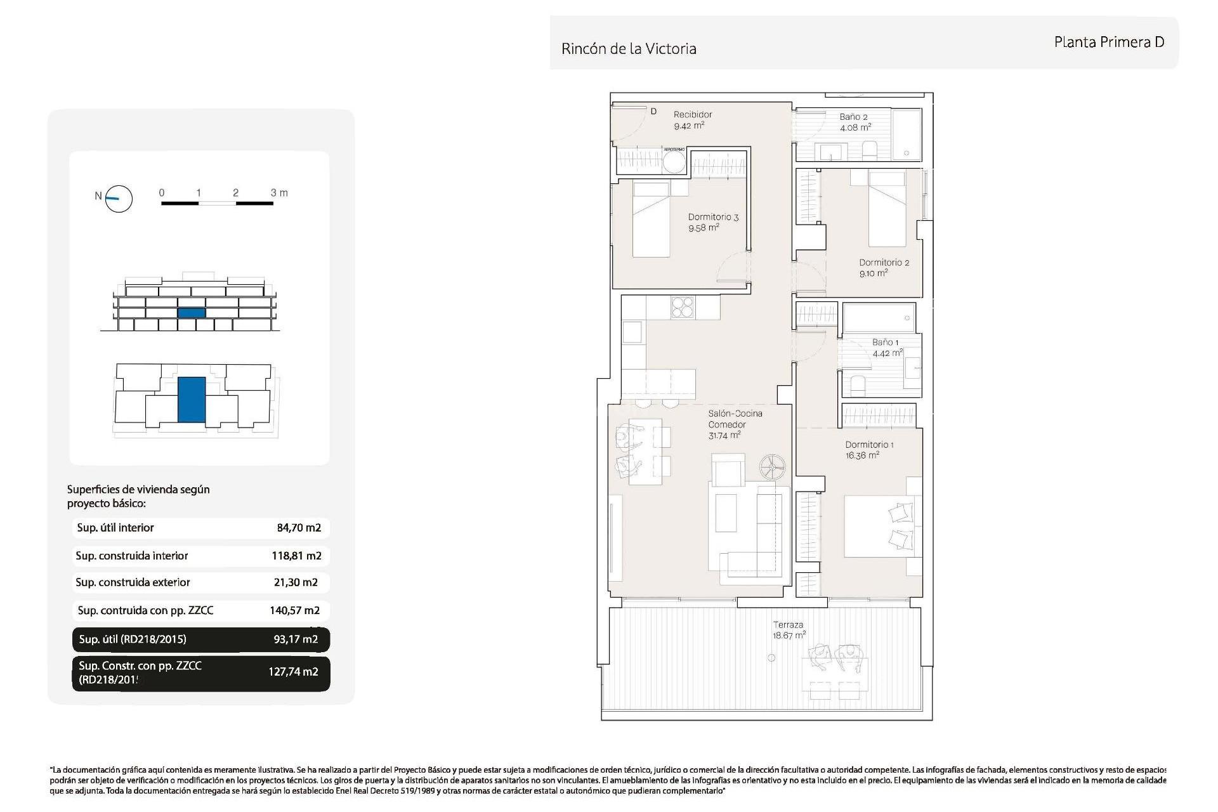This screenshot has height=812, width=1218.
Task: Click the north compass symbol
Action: click(x=119, y=199)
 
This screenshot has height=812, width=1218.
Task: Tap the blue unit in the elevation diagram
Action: click(x=191, y=313)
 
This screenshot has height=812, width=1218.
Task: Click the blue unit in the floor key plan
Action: click(x=191, y=400)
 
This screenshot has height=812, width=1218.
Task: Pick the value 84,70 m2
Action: click(x=299, y=528)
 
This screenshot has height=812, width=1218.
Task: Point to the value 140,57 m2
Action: click(x=294, y=611)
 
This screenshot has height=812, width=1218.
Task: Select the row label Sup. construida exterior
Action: click(x=133, y=582)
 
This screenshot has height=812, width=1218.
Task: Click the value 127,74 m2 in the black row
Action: click(x=293, y=672)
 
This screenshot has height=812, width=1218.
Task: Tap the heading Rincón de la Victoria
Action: click(x=629, y=49)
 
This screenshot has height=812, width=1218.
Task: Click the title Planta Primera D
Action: click(x=1109, y=43)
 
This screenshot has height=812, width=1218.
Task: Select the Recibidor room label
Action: click(x=692, y=115)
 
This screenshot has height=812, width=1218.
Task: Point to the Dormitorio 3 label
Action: click(x=713, y=217)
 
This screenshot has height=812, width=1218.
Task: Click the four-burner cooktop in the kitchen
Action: click(x=683, y=308)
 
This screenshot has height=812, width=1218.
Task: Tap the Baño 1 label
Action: click(x=885, y=343)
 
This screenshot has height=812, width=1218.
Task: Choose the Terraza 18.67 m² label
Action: click(x=788, y=630)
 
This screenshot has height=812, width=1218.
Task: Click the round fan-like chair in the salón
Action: click(x=773, y=468)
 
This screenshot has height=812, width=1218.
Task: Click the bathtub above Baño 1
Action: click(x=879, y=318)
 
